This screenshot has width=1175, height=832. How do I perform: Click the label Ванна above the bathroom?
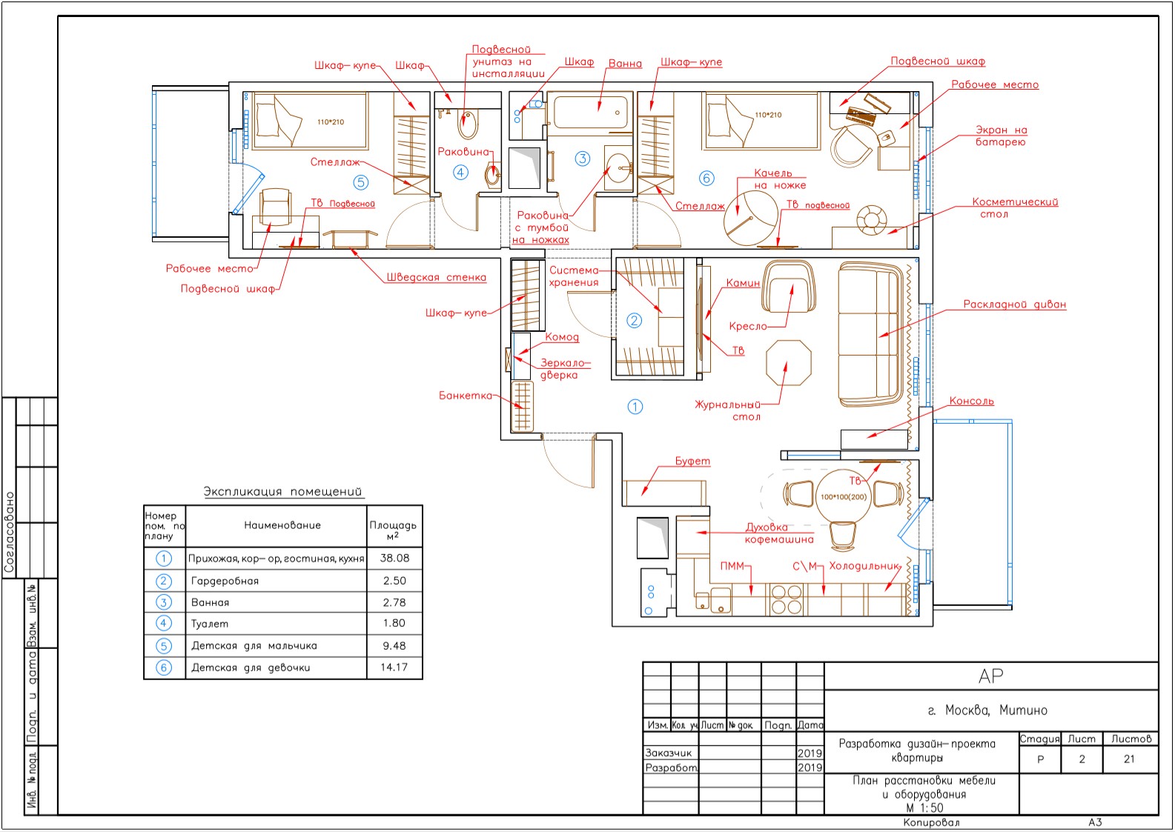coord(625,64)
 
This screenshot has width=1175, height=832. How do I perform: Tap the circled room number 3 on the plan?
coord(582,159)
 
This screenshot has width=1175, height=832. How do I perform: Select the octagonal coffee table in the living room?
coord(789,363)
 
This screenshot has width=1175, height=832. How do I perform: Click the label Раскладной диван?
coord(1014,304)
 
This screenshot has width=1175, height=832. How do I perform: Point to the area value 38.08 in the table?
coord(394,558)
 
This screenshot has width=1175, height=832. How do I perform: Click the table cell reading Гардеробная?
coord(225,581)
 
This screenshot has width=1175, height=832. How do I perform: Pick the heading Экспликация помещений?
coord(282,491)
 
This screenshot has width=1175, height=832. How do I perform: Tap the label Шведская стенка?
coord(437,277)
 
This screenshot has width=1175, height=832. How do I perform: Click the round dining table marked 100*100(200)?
coord(843,496)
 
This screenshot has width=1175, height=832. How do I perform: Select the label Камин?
coord(743,283)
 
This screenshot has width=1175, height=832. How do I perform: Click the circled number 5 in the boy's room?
coord(360,182)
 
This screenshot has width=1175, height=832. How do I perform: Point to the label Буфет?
coord(692,461)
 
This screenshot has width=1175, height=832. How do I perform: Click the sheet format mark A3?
coord(1095,822)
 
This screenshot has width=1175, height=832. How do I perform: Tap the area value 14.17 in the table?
coord(394,667)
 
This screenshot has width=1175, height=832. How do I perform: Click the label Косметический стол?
coord(1014,207)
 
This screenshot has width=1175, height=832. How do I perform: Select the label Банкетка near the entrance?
coord(466,396)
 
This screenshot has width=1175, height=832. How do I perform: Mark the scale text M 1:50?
coord(924,808)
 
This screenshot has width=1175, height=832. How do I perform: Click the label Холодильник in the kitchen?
coord(864,566)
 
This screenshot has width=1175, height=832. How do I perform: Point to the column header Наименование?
coord(282,525)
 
